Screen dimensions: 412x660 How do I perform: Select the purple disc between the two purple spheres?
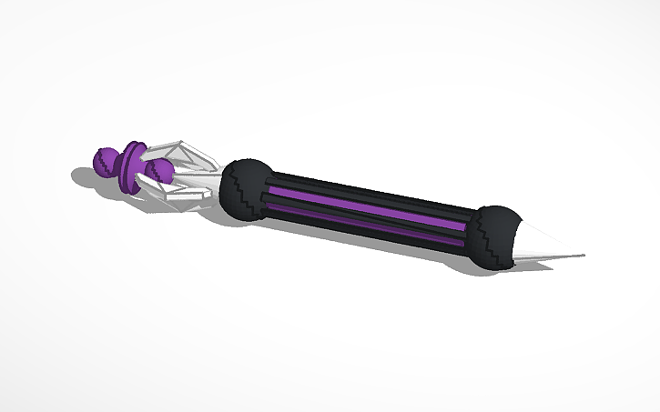(x=135, y=164)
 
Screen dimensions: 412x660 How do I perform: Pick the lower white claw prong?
(x=187, y=193)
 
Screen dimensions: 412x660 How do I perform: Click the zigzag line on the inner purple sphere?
(x=162, y=169)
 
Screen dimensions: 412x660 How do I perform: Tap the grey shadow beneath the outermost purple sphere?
(x=91, y=182)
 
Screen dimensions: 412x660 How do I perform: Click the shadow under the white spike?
(x=546, y=266)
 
